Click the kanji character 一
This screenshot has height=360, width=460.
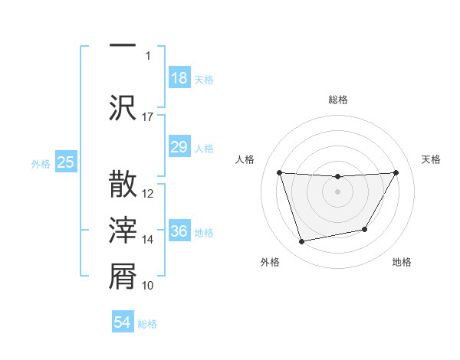(123, 44)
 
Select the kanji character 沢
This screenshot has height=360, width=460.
(123, 106)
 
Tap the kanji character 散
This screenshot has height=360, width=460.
(123, 185)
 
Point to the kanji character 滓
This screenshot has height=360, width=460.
(123, 231)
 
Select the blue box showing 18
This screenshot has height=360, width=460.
(179, 78)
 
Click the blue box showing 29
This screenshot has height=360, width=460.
(179, 147)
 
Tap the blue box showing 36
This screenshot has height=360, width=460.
(179, 231)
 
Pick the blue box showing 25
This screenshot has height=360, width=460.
(65, 162)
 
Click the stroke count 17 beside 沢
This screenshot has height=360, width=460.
(148, 117)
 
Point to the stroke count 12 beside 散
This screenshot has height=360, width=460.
(148, 194)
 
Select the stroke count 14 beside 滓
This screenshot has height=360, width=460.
(148, 240)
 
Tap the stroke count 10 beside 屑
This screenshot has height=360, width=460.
(148, 286)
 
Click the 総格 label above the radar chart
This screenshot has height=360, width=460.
(337, 100)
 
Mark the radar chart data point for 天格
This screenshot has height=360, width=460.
(396, 172)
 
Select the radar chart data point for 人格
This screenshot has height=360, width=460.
(279, 172)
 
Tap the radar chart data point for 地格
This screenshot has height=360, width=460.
(365, 229)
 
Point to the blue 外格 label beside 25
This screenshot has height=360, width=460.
(41, 163)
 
